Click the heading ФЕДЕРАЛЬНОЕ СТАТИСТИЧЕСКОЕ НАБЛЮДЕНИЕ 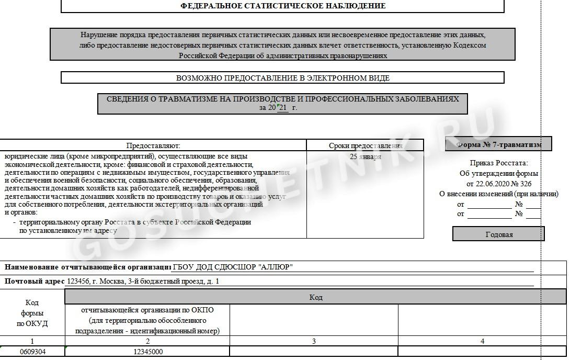pos(282,6)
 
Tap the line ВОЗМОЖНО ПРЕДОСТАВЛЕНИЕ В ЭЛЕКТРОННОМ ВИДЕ pos(282,78)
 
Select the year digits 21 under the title pos(283,108)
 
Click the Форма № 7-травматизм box pos(498,144)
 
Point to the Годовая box pos(499,234)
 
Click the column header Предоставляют pos(153,145)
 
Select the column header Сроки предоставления pos(365,145)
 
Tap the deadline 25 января pos(365,156)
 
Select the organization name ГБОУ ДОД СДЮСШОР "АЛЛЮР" pos(233,267)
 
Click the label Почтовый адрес pos(35,282)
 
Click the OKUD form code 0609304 pos(32,352)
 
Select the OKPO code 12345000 pos(147,352)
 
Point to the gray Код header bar pos(315,297)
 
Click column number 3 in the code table pos(314,341)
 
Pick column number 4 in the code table pos(482,341)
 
